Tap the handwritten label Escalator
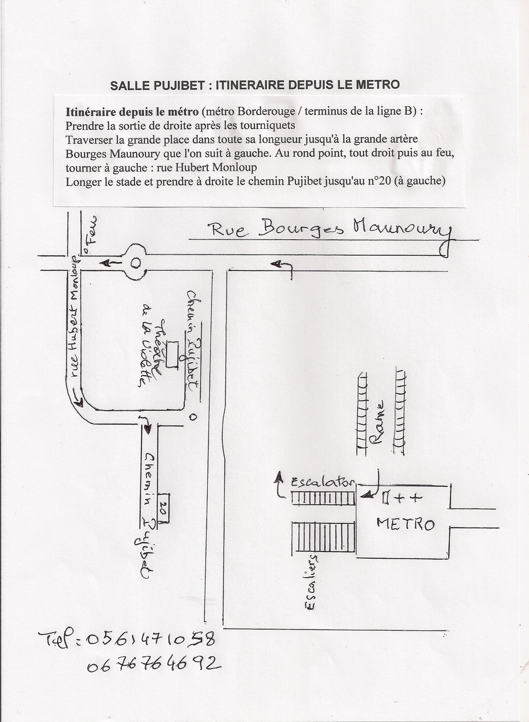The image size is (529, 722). [x=322, y=482]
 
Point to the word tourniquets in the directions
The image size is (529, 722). [x=269, y=125]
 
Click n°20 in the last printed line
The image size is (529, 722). [x=382, y=181]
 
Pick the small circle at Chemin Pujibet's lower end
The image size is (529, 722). [x=192, y=417]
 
